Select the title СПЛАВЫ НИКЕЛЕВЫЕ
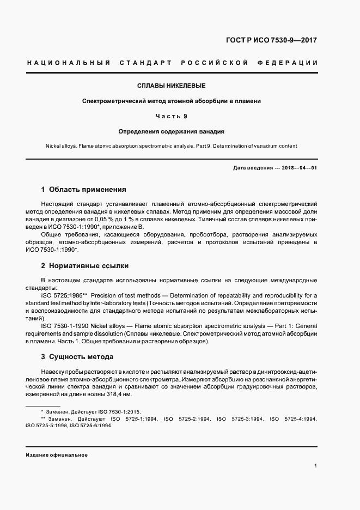171,86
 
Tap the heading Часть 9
171,116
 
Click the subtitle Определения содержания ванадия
172,131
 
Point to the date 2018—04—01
300,168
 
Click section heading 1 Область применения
83,190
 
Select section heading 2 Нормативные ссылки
85,266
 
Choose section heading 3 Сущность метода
77,357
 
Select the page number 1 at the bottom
315,466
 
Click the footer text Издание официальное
56,454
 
